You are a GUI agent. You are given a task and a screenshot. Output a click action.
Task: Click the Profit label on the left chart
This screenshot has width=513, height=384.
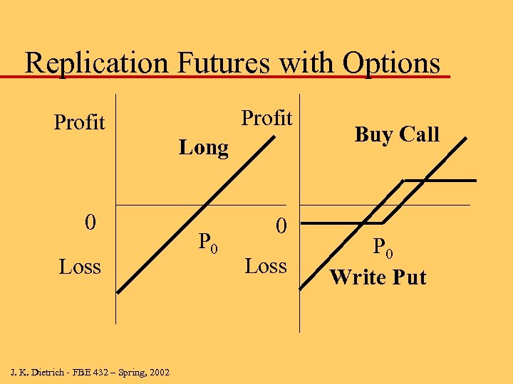click(x=79, y=122)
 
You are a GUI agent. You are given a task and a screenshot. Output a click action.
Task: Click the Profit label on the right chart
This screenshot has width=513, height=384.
click(x=266, y=118)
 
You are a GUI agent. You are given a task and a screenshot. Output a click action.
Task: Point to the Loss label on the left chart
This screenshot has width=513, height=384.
click(x=80, y=267)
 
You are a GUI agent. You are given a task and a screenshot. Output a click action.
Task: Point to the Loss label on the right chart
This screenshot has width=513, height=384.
click(x=266, y=266)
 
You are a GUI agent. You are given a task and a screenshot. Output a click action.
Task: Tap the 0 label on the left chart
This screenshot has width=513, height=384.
click(x=90, y=223)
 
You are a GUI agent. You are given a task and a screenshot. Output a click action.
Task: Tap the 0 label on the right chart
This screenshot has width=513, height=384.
click(x=281, y=226)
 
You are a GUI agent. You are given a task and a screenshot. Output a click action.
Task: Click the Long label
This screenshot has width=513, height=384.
click(x=204, y=148)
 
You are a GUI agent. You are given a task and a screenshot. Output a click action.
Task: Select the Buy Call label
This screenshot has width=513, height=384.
click(x=397, y=134)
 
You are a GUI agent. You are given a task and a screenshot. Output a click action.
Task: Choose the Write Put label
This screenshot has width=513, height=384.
click(x=378, y=277)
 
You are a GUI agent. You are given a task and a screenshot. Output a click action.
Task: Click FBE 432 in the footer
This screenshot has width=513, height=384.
click(x=90, y=372)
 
